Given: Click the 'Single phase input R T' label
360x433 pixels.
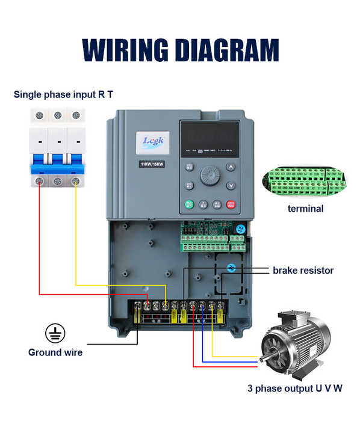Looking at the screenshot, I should (63, 94).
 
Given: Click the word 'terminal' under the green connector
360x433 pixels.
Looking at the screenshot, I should (305, 209).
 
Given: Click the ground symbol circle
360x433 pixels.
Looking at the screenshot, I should (55, 333).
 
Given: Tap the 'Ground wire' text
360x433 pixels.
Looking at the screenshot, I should (55, 352).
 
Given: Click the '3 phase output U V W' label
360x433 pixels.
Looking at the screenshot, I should (295, 388).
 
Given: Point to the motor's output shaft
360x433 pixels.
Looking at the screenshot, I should (263, 360).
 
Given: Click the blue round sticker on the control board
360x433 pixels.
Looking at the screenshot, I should (240, 229).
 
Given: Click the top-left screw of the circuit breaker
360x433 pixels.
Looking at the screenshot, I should (40, 114).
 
